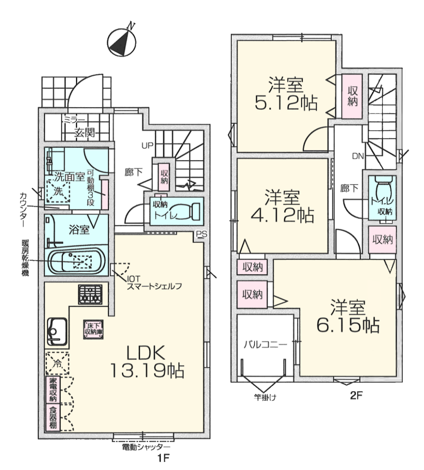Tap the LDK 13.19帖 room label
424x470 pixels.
[147, 362]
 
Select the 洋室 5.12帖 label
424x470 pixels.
[286, 94]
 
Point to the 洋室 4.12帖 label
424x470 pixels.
[282, 206]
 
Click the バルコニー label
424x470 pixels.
[265, 344]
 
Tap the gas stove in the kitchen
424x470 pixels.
[90, 294]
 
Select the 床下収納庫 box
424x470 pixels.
[93, 329]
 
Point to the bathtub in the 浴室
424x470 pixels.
[76, 261]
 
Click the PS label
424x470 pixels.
[201, 234]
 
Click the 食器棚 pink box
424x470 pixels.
[53, 418]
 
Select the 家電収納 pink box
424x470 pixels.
[53, 389]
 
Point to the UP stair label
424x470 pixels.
[148, 146]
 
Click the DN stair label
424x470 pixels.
[358, 156]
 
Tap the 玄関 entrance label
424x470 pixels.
[85, 132]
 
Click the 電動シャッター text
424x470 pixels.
[146, 447]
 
